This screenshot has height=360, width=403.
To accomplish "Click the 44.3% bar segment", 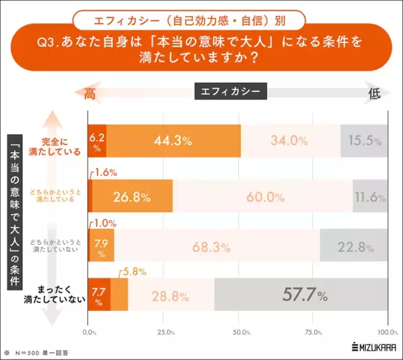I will click(x=174, y=141).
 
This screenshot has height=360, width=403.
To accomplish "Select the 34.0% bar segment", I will click(x=290, y=141).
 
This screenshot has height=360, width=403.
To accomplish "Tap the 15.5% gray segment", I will click(x=365, y=141).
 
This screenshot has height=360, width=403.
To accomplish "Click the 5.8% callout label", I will click(x=134, y=272).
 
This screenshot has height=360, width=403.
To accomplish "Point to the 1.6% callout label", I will click(x=105, y=172).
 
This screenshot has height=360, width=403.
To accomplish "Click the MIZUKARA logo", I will click(x=372, y=347).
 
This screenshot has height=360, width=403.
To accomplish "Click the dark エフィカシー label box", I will click(x=231, y=91).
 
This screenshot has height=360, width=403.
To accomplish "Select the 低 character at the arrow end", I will click(x=374, y=94).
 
